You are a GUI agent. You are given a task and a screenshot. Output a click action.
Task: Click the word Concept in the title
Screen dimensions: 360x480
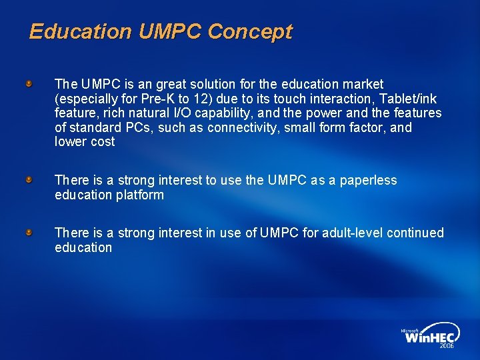[x=249, y=32]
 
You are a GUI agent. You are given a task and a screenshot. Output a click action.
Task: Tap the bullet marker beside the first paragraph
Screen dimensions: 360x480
[x=29, y=84]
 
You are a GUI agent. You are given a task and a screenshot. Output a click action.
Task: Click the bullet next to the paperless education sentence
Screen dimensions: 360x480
[x=29, y=180]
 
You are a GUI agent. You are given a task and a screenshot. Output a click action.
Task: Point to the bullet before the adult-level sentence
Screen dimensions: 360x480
[x=29, y=232]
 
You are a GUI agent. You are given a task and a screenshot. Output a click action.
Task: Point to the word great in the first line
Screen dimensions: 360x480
[x=161, y=85]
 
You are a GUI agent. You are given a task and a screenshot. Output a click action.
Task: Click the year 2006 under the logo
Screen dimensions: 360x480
[x=446, y=347]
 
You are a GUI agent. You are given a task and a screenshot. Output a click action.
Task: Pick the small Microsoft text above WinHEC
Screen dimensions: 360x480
[x=409, y=330]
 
